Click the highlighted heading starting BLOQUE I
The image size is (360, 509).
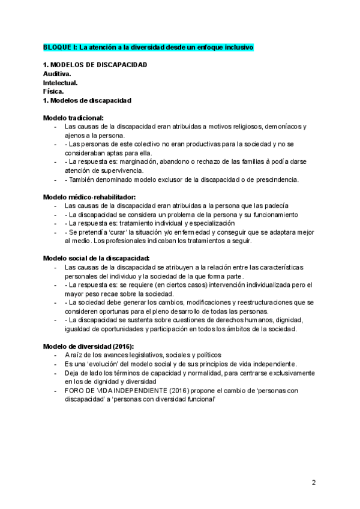[x=148, y=47]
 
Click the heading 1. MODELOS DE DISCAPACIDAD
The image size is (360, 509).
[x=95, y=65]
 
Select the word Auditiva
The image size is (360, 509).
[x=57, y=74]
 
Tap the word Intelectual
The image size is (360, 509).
[x=60, y=83]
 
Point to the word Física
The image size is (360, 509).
[x=53, y=92]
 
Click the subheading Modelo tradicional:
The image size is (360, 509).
[x=73, y=118]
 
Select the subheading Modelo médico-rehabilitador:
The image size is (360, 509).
[x=89, y=197]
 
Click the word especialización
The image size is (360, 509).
[x=207, y=223]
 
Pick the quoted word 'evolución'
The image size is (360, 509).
[x=97, y=364]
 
